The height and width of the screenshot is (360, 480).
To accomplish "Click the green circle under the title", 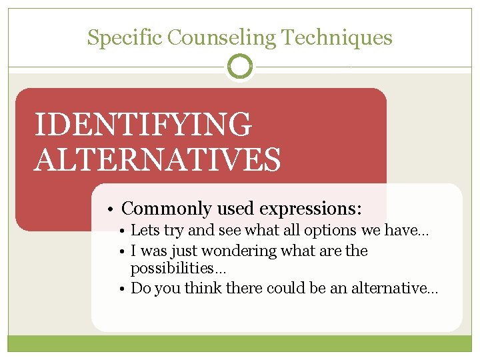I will [x=240, y=67].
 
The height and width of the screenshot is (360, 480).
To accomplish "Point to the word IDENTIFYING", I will [x=143, y=125].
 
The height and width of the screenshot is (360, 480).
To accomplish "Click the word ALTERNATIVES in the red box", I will [x=157, y=159].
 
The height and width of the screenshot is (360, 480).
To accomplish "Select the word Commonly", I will [x=163, y=209].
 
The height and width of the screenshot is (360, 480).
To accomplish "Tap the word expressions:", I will [x=311, y=209].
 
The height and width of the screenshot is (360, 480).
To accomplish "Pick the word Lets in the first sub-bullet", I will [x=143, y=231].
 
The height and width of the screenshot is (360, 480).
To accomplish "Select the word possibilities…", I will [x=178, y=269].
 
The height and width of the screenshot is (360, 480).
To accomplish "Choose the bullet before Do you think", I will [x=124, y=289].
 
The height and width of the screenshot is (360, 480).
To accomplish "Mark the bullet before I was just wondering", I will [x=124, y=251].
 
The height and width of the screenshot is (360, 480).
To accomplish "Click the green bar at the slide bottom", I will [x=240, y=343].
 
